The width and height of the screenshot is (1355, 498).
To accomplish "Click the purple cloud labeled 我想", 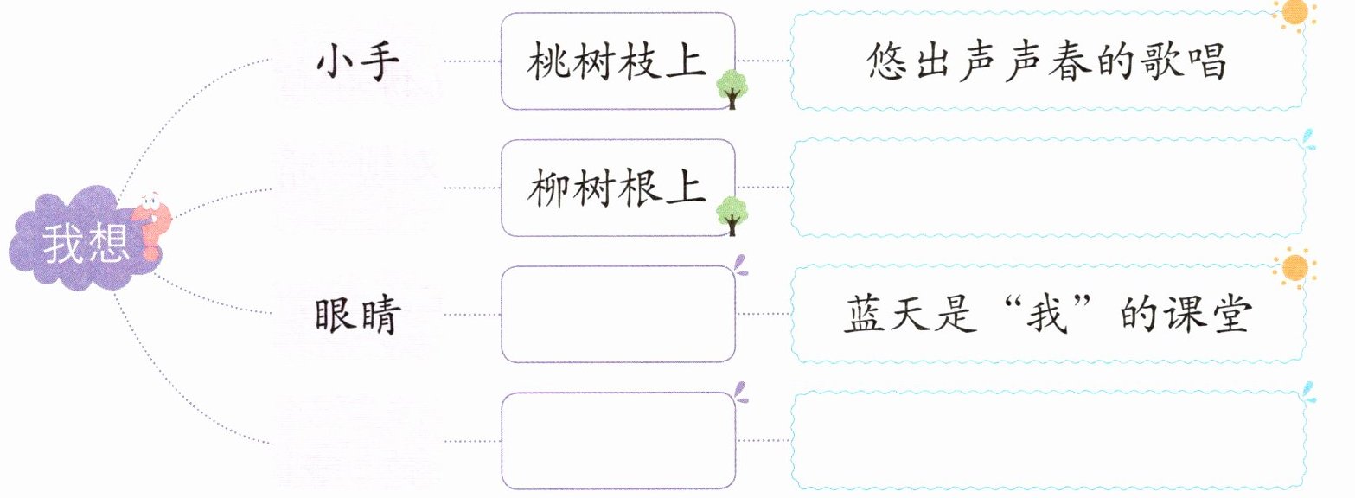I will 74,242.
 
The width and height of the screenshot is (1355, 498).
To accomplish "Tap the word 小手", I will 356,62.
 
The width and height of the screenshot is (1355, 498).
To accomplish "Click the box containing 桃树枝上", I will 617,61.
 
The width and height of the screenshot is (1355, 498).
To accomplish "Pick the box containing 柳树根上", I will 617,188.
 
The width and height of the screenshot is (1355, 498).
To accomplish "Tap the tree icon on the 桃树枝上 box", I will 732,88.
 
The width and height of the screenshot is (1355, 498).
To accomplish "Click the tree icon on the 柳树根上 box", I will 732,214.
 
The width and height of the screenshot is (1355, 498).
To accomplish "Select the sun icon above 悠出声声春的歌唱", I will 1294,12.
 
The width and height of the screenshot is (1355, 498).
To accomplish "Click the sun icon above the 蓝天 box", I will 1294,267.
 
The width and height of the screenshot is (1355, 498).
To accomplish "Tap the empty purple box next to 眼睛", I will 617,314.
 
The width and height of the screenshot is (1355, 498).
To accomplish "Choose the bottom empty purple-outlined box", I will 617,440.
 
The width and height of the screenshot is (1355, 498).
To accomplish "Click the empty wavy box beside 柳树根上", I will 1048,188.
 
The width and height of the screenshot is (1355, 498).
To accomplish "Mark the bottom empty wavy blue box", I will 1048,440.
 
